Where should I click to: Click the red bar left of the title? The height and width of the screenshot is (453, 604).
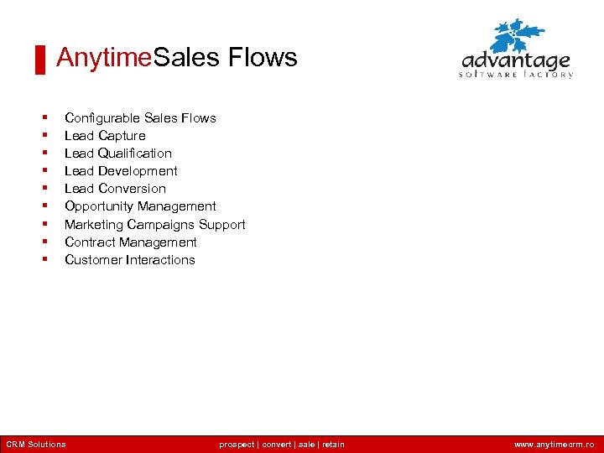click(x=39, y=60)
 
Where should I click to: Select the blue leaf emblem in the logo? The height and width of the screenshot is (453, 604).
click(x=518, y=36)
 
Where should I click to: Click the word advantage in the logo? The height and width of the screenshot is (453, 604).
click(x=516, y=61)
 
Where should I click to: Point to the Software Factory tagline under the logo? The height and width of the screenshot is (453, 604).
click(x=516, y=75)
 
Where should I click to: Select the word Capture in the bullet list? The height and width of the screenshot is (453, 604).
click(x=122, y=136)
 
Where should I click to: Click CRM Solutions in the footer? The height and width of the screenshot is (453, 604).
click(x=35, y=445)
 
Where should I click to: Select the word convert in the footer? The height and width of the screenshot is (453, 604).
click(x=277, y=445)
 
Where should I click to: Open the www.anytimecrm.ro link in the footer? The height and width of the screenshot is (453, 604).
click(x=554, y=445)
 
